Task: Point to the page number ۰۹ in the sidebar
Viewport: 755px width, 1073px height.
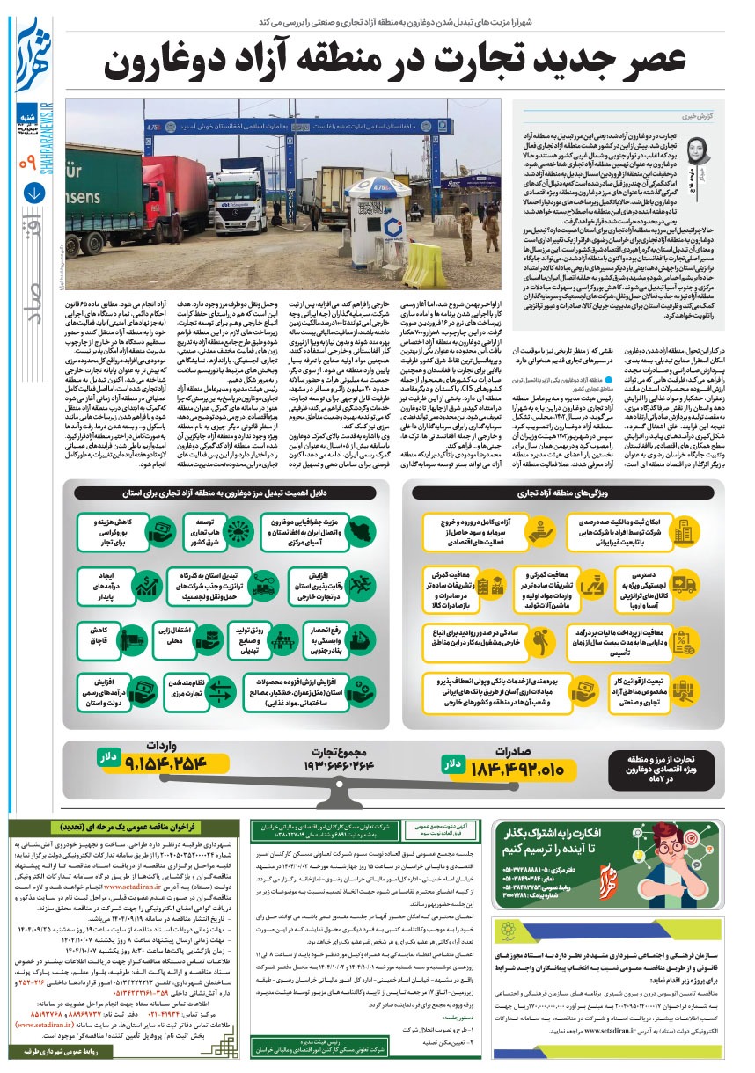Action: (x=28, y=162)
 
